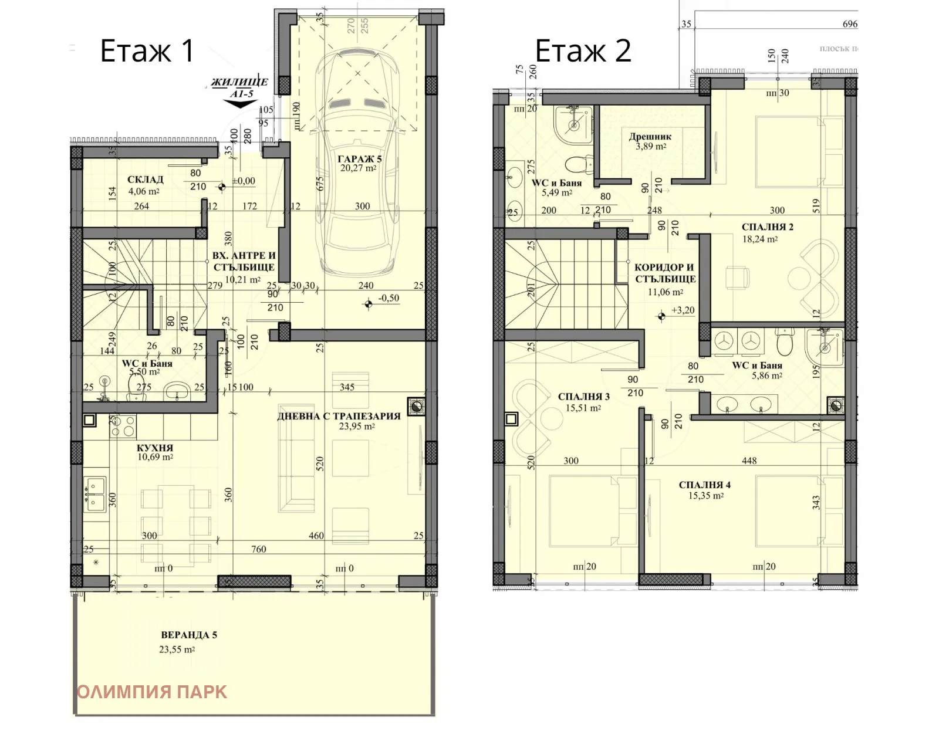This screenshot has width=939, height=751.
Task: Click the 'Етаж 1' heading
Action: pyautogui.click(x=147, y=50)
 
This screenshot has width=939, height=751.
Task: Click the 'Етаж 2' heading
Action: pyautogui.click(x=583, y=50)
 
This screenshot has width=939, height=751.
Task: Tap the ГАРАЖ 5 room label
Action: pyautogui.click(x=359, y=158)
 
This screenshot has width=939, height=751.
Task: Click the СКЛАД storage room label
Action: pyautogui.click(x=145, y=180)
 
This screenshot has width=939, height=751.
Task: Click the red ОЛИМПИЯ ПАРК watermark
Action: pyautogui.click(x=151, y=692)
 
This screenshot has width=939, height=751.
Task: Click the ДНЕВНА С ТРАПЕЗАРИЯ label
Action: pyautogui.click(x=339, y=416)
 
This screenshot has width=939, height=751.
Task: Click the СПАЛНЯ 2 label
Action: pyautogui.click(x=767, y=227)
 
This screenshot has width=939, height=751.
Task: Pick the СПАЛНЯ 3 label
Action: pyautogui.click(x=583, y=397)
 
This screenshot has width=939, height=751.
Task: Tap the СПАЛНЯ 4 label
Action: pyautogui.click(x=704, y=485)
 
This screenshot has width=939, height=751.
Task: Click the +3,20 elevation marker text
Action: pyautogui.click(x=683, y=310)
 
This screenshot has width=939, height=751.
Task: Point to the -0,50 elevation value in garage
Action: pyautogui.click(x=388, y=298)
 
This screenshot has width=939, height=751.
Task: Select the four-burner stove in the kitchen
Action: pyautogui.click(x=123, y=425)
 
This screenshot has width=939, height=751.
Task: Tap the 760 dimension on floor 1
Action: pyautogui.click(x=258, y=549)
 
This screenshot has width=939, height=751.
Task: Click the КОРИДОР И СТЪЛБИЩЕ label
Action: pyautogui.click(x=664, y=273)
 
